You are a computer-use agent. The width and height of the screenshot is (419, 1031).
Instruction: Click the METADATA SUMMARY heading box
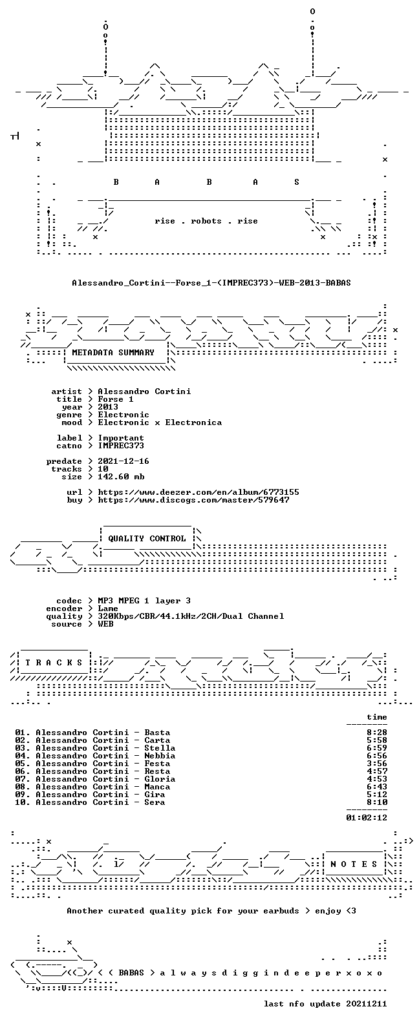tap(113, 353)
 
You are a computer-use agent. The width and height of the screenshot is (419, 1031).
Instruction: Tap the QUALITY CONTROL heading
tap(147, 539)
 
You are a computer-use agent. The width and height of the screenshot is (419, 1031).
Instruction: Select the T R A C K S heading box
tap(54, 662)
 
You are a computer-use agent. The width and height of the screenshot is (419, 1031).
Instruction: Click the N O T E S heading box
tap(354, 864)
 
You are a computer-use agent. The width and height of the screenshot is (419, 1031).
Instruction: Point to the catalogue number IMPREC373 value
tap(121, 446)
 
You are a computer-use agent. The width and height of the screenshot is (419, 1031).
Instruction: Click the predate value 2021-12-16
tap(124, 461)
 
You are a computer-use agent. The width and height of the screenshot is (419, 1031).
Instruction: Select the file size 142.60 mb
tap(121, 477)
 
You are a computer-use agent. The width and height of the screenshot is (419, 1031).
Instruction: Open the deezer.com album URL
tap(199, 492)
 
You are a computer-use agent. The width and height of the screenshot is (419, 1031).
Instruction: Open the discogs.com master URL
tap(193, 500)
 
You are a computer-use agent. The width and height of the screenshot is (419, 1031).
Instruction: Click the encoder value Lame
tap(108, 609)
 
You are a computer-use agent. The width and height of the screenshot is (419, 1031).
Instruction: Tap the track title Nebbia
tap(160, 756)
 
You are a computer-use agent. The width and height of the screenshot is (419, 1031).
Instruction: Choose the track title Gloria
tap(160, 779)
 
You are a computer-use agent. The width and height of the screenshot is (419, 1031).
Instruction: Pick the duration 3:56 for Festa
tap(377, 764)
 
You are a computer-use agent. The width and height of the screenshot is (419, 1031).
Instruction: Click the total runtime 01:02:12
tap(367, 817)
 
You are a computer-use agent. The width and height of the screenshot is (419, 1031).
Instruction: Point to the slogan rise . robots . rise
tap(206, 221)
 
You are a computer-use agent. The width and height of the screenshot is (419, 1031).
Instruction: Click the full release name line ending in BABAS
tap(211, 282)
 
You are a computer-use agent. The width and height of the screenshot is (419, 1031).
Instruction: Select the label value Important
tap(121, 438)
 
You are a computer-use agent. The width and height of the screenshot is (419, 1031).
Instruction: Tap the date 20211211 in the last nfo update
tap(367, 1004)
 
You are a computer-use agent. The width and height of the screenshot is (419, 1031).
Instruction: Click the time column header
tap(377, 717)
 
